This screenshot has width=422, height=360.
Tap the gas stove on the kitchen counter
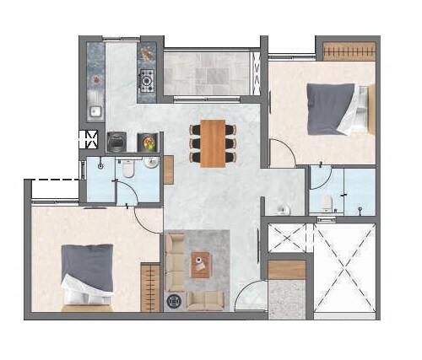147,82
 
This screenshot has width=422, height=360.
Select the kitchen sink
95,110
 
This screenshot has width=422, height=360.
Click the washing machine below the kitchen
116,141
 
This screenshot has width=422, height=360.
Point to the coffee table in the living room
201,265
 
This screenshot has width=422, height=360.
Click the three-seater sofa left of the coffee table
175,262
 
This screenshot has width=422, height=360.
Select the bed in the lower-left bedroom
86,274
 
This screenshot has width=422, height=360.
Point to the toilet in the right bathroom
327,201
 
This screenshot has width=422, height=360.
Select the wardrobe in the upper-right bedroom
349,51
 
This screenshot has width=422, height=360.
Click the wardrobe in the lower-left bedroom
150,287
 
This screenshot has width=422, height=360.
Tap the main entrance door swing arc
250,298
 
